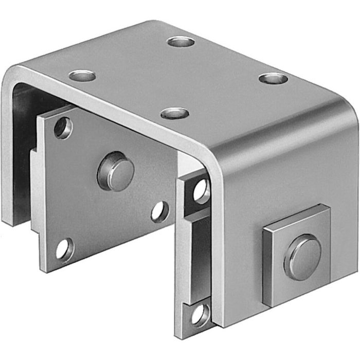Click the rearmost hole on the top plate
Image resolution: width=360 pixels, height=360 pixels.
tap(181, 41)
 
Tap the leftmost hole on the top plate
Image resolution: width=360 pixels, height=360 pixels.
tap(82, 76)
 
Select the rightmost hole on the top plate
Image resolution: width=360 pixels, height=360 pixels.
tap(273, 79)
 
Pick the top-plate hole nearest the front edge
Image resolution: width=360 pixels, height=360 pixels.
tap(174, 113)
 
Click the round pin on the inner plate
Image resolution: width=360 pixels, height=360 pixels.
tap(116, 171)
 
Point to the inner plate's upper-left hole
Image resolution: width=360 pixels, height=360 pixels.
tap(63, 128)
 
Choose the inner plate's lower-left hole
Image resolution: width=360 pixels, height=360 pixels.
tap(64, 249)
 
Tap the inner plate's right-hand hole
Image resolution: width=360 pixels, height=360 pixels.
tap(159, 211)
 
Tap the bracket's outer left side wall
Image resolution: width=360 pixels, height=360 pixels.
tap(7, 154)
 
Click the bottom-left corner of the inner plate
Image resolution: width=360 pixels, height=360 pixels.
tap(42, 269)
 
